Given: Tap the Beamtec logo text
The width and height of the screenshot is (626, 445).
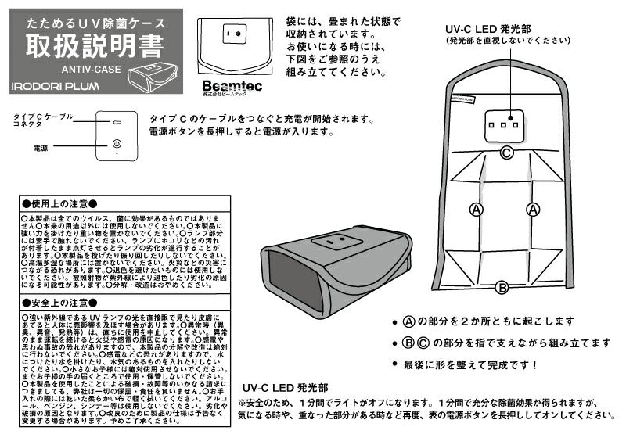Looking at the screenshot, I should tap(223, 84).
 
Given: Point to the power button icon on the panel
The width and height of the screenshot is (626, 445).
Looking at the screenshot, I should tap(116, 144).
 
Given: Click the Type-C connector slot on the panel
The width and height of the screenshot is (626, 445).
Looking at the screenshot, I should tap(116, 123).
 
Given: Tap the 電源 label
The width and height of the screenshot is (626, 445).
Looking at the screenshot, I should tap(41, 146).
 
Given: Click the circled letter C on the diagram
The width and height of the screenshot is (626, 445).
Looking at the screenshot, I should tap(506, 153).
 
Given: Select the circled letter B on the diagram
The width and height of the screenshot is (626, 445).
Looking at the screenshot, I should tap(503, 287).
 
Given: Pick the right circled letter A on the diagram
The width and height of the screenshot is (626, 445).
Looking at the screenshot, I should tap(533, 209).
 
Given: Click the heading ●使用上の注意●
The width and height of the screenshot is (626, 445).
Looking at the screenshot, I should tap(59, 203).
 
